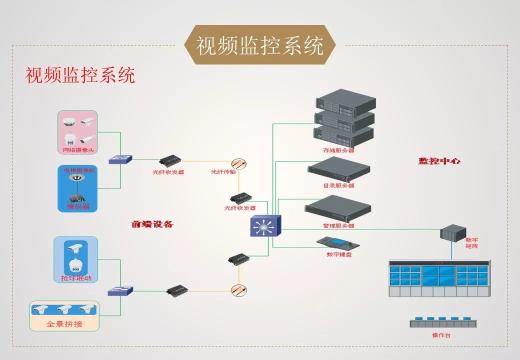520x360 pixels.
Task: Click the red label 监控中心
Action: tap(439, 161)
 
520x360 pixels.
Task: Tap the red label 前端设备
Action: tap(152, 224)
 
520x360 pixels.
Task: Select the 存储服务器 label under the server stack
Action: tap(338, 150)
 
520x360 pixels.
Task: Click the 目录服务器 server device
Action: tap(338, 169)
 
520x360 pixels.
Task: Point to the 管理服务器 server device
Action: tap(338, 209)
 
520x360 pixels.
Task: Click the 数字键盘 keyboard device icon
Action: tap(337, 243)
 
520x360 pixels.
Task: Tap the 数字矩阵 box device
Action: tap(452, 232)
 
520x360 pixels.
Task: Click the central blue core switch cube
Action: tap(265, 226)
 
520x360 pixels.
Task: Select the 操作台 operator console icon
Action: tap(443, 322)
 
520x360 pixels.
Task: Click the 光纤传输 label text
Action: tap(223, 172)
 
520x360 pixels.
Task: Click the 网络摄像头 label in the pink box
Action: tap(78, 150)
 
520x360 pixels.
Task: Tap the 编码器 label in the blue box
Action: tap(78, 206)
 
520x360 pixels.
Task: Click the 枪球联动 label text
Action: tap(76, 278)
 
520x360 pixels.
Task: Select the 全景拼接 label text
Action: tap(64, 324)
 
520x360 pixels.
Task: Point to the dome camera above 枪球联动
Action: tap(75, 265)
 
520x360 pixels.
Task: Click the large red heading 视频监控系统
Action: tap(80, 75)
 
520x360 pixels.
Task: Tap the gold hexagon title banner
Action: tap(260, 45)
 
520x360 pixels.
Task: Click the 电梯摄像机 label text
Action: tap(79, 170)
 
